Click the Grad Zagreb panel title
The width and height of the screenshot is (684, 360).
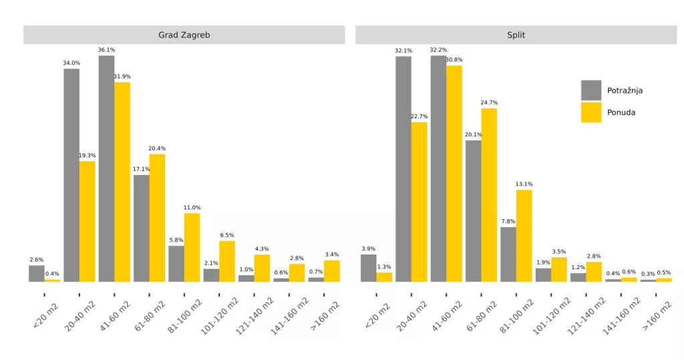[x=184, y=35]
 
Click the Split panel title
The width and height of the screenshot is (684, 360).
[x=516, y=35]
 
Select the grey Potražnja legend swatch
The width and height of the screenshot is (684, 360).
[x=591, y=90]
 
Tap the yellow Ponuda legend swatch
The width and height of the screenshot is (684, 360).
[x=591, y=112]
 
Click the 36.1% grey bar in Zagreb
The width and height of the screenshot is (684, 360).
[x=106, y=167]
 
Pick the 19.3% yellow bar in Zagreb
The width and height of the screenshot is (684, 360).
[x=88, y=220]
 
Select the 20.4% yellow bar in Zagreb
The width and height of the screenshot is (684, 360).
[x=157, y=217]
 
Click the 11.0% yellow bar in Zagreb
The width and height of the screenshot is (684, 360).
[x=192, y=247]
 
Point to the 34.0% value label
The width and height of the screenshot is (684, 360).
[x=71, y=63]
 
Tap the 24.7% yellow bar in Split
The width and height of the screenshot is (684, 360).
[x=489, y=194]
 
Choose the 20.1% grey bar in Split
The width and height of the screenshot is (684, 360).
[x=473, y=210]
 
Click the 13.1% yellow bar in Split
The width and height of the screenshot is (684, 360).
[x=524, y=235]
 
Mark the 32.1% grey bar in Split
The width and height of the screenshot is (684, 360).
[x=403, y=167]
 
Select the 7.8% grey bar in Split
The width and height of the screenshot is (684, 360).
[x=508, y=254]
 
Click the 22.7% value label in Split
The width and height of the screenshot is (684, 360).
[x=419, y=117]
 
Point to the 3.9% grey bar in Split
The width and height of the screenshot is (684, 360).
[x=368, y=268]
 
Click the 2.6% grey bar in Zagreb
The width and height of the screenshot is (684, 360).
[x=37, y=273]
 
